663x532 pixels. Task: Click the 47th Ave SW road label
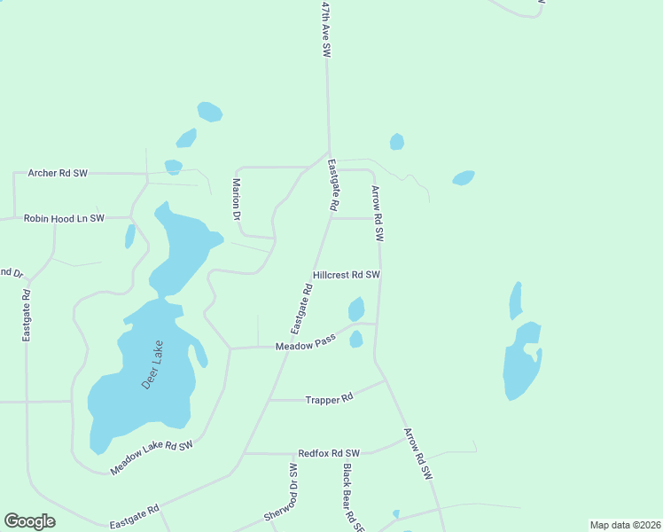[326, 29]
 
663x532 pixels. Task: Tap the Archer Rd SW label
[58, 173]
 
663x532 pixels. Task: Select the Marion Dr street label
[237, 199]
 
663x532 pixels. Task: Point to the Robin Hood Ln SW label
[64, 217]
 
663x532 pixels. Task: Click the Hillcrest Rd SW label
[346, 275]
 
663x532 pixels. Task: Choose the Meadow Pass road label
[305, 344]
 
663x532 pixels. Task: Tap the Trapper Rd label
[329, 399]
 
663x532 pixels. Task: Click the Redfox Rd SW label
[329, 452]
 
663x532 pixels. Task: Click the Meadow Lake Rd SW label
[152, 456]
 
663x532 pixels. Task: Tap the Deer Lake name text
[153, 364]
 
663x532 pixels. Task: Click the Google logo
[30, 521]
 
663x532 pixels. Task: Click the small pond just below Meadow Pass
[356, 339]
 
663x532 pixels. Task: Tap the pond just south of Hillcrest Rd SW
[356, 309]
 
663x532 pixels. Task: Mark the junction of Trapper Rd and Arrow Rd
[386, 381]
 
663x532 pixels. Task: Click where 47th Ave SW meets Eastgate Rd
[329, 153]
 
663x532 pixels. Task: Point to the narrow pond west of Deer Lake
[130, 236]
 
